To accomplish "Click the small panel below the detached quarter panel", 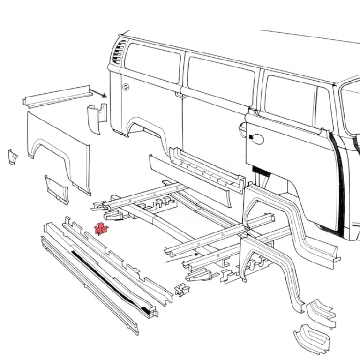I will (56, 187).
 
